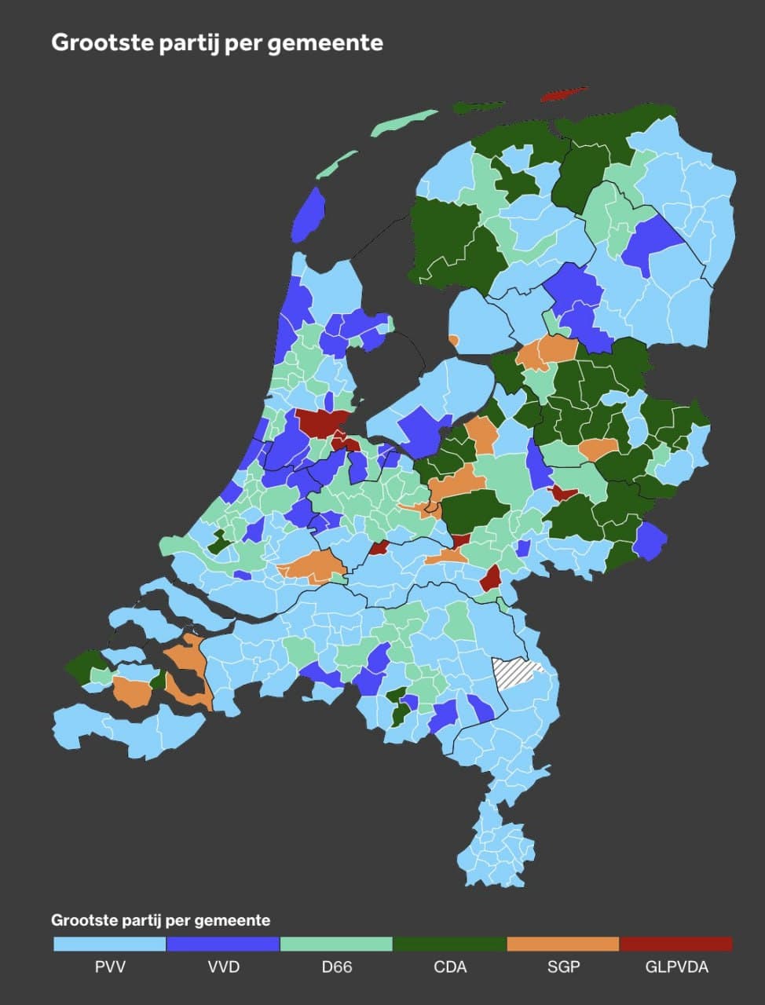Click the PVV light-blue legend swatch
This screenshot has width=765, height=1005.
pyautogui.click(x=110, y=944)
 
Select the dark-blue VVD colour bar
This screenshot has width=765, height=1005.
pyautogui.click(x=223, y=944)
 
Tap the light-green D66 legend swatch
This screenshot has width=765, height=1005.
pyautogui.click(x=336, y=944)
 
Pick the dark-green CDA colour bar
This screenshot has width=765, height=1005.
pyautogui.click(x=450, y=944)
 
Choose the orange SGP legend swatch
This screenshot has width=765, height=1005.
pyautogui.click(x=563, y=944)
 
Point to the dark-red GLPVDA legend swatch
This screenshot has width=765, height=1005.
pyautogui.click(x=676, y=944)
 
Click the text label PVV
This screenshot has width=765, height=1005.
pyautogui.click(x=110, y=967)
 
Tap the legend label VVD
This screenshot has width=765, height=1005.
pyautogui.click(x=223, y=967)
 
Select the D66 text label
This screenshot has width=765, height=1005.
pyautogui.click(x=336, y=967)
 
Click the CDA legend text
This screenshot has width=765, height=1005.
pyautogui.click(x=450, y=967)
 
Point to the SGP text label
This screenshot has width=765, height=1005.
pyautogui.click(x=563, y=967)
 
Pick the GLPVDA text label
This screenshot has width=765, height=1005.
pyautogui.click(x=676, y=967)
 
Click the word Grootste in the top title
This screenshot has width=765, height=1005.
pyautogui.click(x=102, y=42)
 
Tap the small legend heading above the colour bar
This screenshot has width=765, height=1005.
pyautogui.click(x=160, y=920)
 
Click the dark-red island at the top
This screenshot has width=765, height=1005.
pyautogui.click(x=564, y=94)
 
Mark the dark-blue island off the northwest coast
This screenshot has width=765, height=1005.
pyautogui.click(x=309, y=216)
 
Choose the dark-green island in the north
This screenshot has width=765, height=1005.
pyautogui.click(x=479, y=107)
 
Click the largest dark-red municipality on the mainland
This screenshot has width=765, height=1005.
pyautogui.click(x=322, y=422)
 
